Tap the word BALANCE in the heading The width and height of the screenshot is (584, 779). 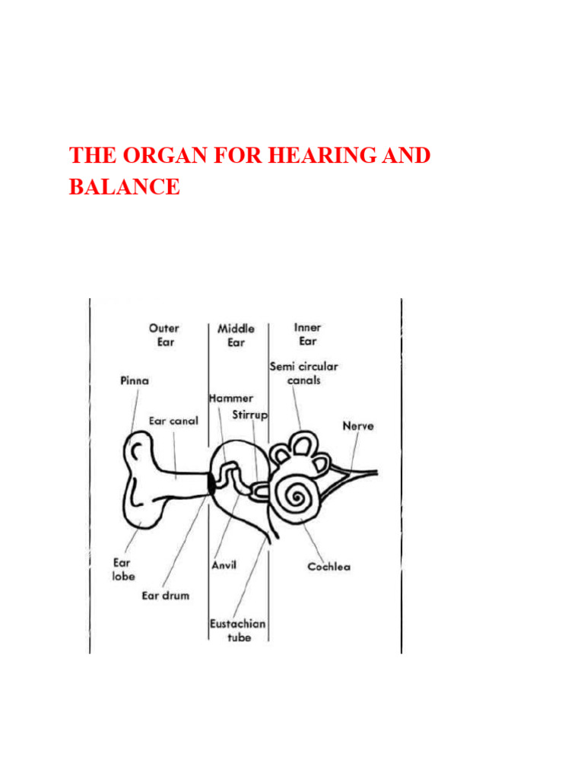click(125, 186)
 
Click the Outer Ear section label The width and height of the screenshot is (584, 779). click(163, 335)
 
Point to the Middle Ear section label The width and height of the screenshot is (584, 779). click(236, 335)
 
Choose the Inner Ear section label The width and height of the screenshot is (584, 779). click(307, 335)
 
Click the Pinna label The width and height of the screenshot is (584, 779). click(135, 380)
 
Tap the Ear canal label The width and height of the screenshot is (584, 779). click(173, 420)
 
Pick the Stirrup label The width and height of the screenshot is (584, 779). click(249, 415)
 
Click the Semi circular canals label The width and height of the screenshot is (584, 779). click(303, 373)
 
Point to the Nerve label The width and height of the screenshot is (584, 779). click(357, 425)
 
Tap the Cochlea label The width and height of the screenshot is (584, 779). click(328, 567)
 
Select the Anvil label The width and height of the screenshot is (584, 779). click(224, 565)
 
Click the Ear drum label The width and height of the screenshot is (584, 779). click(165, 595)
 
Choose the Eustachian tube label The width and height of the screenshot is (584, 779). click(237, 630)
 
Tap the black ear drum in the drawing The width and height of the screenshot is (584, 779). click(209, 482)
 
